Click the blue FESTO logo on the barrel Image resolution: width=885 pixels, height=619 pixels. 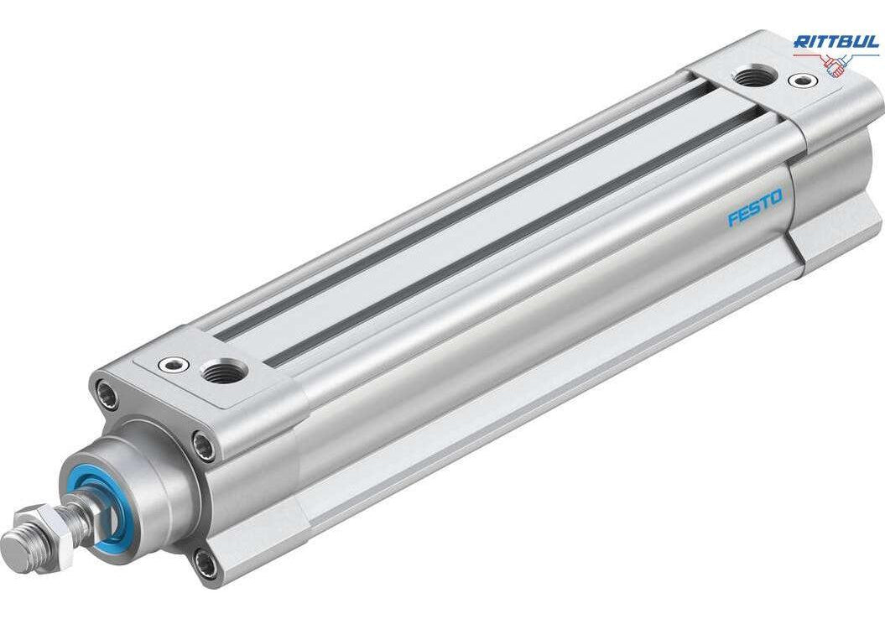click(755, 208)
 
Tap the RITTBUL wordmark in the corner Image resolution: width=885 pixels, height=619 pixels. click(836, 42)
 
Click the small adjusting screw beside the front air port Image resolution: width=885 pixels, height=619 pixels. click(172, 365)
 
